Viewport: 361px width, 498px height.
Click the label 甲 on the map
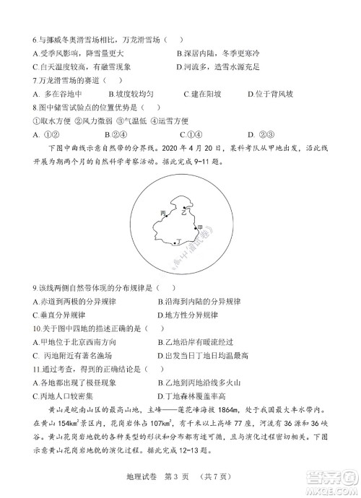[x=201, y=227]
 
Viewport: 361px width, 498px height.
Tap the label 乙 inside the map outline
[x=184, y=214]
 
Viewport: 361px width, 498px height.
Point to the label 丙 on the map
[x=162, y=214]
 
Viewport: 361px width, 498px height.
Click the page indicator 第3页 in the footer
[x=180, y=477]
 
